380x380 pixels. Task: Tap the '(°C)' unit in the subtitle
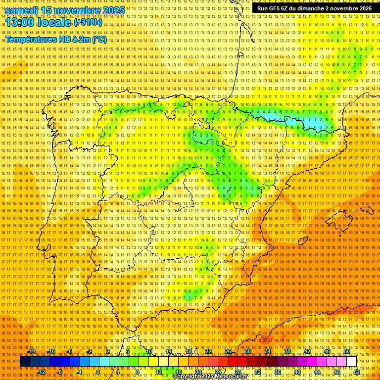(99, 39)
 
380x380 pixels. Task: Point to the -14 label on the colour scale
(32, 351)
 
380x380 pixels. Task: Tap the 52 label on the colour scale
(357, 372)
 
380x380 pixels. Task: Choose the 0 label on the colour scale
(98, 372)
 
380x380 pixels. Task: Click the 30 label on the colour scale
(247, 351)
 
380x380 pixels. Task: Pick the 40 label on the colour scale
(297, 372)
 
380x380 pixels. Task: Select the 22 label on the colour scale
(208, 351)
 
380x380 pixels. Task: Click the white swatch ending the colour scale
(351, 362)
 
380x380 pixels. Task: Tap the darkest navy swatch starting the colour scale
(25, 362)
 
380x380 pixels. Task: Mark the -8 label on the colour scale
(60, 372)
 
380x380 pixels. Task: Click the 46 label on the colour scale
(327, 351)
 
